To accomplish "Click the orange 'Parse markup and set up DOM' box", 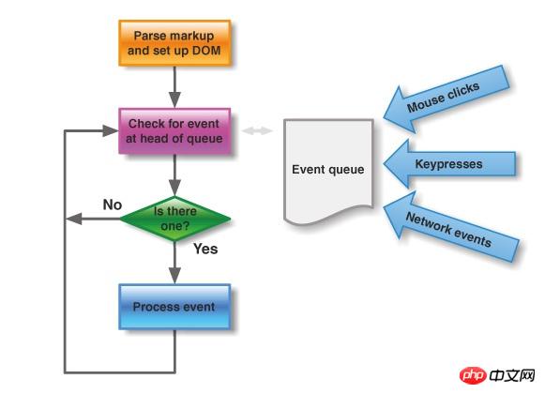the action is pos(174,43).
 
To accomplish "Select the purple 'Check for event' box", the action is pos(174,131).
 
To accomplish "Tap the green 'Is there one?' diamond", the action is pos(174,219).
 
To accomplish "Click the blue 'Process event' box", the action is pos(174,307).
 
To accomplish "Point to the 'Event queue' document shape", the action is pos(328,171).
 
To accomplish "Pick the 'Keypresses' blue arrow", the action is pos(449,164).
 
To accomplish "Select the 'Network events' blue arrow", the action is pos(450,227).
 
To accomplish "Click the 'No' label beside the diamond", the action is pos(113,205).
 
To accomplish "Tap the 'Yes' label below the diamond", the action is pos(205,249).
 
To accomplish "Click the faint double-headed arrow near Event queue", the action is pos(257,130).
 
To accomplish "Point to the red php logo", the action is pos(473,375).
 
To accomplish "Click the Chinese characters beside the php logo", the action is pos(512,375).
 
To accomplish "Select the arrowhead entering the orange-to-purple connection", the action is pos(174,99).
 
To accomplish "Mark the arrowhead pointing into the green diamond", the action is pos(174,188).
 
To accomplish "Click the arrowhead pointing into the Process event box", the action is pos(174,276).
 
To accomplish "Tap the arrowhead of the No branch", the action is pos(74,219).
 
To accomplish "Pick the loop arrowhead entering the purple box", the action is pos(111,130).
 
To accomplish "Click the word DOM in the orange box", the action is pos(206,51).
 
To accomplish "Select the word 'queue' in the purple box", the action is pos(204,139).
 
